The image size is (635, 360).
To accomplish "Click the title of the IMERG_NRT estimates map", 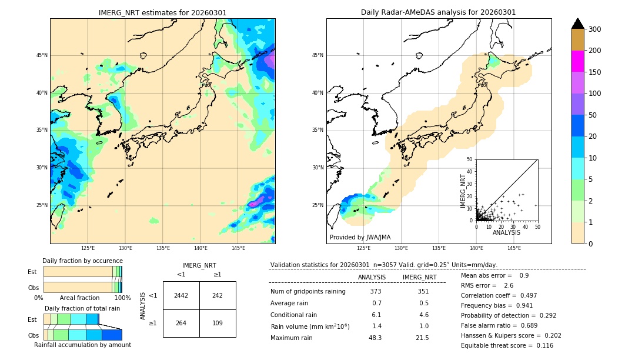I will pos(162,12).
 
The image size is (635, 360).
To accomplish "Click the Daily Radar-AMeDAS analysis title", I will pos(439,12).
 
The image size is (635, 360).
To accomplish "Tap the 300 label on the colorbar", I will pos(595,29).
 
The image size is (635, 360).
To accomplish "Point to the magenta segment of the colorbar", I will pos(578,61).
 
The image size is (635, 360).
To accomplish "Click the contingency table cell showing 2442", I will pos(181,295).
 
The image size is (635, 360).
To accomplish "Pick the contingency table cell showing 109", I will pos(218,323).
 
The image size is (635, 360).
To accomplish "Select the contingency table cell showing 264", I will pos(181,323).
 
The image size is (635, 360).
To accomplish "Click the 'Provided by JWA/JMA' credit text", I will pos(360,237).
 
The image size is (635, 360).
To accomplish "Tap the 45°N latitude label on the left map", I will pos(41,55).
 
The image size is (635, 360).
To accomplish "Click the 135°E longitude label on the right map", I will pos(439,249).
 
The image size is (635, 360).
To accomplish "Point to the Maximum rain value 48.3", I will pos(375,338).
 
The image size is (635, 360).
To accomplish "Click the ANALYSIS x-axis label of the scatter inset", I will pos(507,233).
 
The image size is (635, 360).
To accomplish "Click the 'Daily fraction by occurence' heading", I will pos(82,261).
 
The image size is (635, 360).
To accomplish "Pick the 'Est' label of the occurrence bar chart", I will pos(32,272).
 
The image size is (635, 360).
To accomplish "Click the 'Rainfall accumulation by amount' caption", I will pos(82,345).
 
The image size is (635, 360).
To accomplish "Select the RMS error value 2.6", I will pos(509,285).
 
